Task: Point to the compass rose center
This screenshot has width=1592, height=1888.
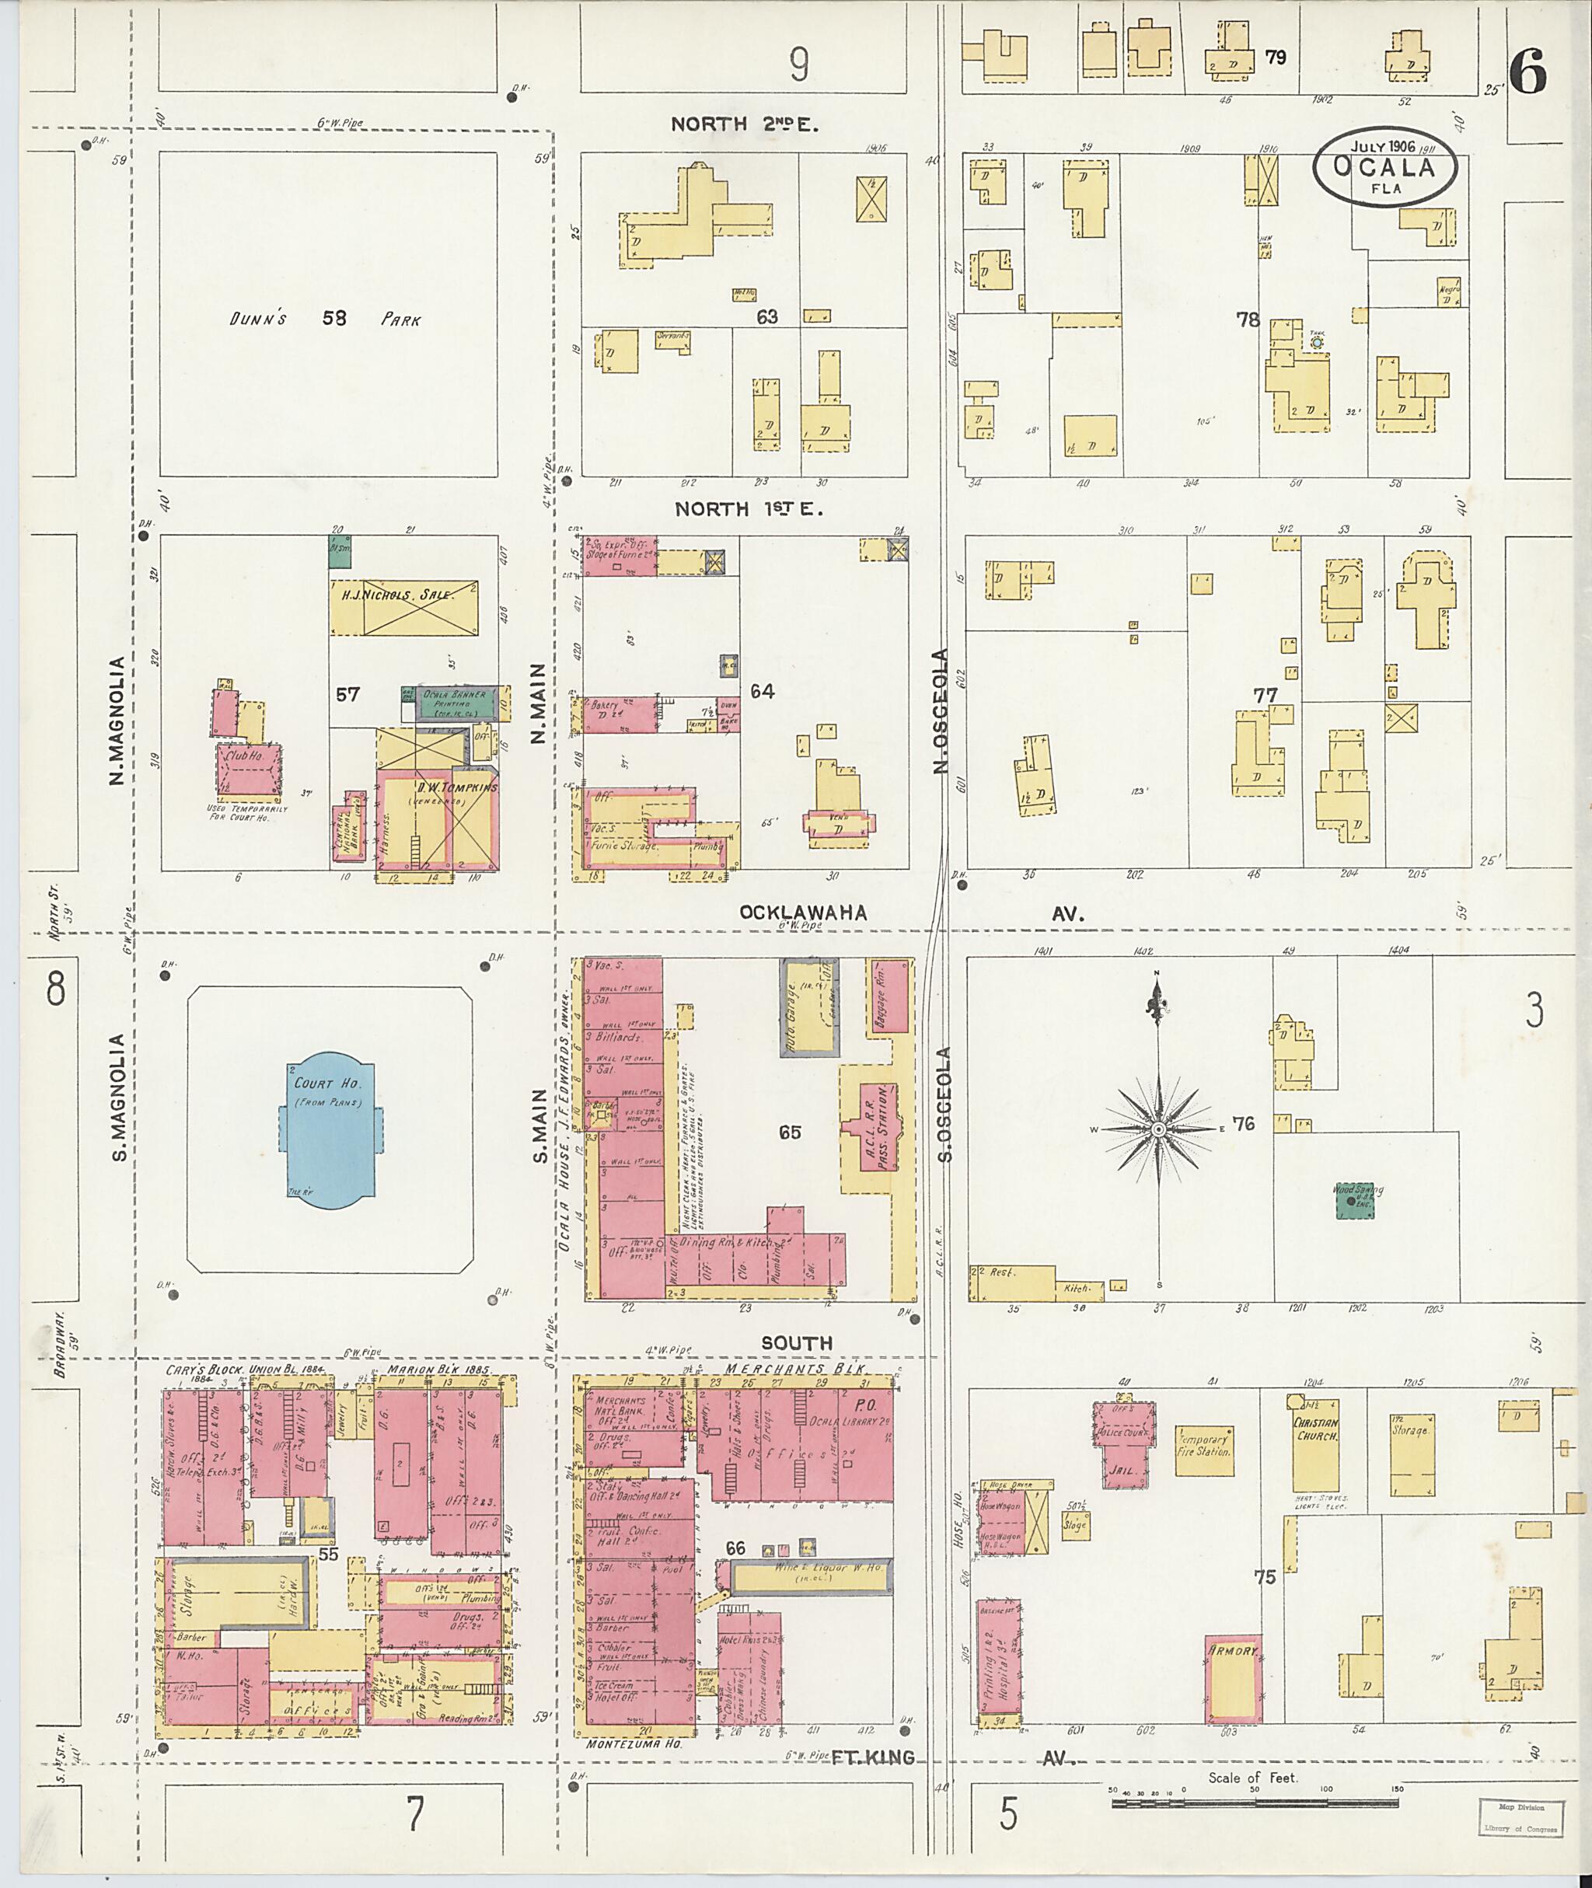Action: tap(1159, 1129)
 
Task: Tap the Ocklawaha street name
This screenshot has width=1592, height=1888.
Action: tap(802, 913)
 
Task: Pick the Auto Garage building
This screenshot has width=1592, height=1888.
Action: tap(808, 1007)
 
